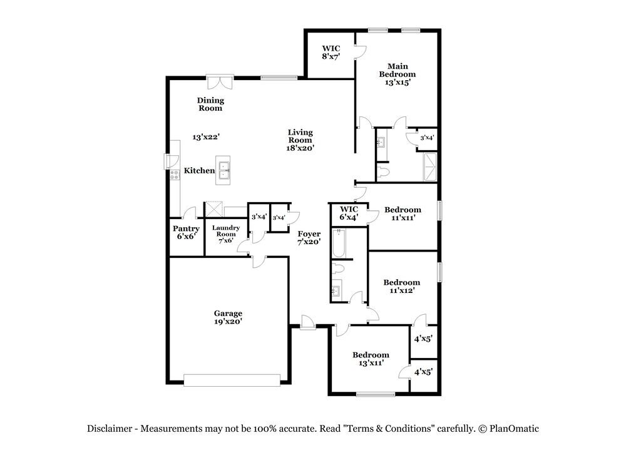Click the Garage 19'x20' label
click(228, 317)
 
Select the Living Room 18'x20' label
click(300, 140)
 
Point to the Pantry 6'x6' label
click(186, 233)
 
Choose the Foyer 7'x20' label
click(309, 238)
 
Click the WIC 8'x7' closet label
click(331, 52)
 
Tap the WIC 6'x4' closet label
click(349, 213)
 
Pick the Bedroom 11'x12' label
click(401, 287)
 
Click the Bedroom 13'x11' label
click(370, 359)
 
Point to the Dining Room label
click(210, 104)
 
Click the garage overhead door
click(232, 379)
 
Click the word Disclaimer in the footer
click(110, 429)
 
